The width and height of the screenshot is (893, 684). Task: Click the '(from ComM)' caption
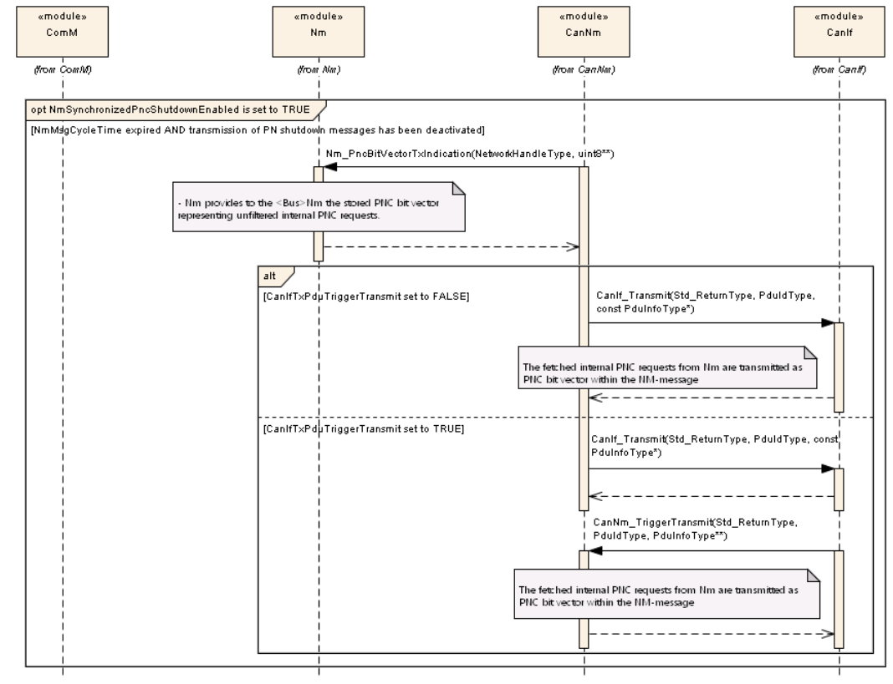coord(63,69)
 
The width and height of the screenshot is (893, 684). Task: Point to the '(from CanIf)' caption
coord(839,69)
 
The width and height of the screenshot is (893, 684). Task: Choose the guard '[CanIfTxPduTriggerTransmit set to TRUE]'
coord(364,428)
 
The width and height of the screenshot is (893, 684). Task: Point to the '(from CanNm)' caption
coord(583,69)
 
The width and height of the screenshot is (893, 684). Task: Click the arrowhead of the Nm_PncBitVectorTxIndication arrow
coord(329,168)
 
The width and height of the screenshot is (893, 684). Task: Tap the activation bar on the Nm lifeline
coord(319,213)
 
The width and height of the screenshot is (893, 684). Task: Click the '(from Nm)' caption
coord(319,69)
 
